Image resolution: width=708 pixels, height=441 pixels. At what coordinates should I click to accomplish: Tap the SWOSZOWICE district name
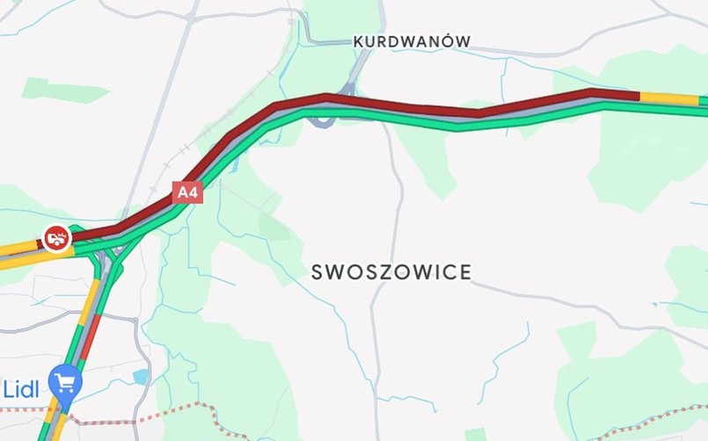coord(391,272)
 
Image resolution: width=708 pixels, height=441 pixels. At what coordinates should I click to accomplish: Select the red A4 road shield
coord(187,192)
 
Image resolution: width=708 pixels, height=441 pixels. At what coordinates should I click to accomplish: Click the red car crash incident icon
coord(56,237)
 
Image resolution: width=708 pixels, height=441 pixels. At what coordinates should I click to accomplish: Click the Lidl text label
coord(20,389)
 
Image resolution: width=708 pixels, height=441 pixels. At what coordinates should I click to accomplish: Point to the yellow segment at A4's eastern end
coord(668,98)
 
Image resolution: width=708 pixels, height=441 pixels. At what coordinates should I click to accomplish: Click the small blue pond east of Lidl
coord(141,376)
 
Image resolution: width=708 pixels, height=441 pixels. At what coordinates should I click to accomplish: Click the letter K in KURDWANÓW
coord(358,41)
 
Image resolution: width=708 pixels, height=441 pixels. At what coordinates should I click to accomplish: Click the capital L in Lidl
coord(8,389)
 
